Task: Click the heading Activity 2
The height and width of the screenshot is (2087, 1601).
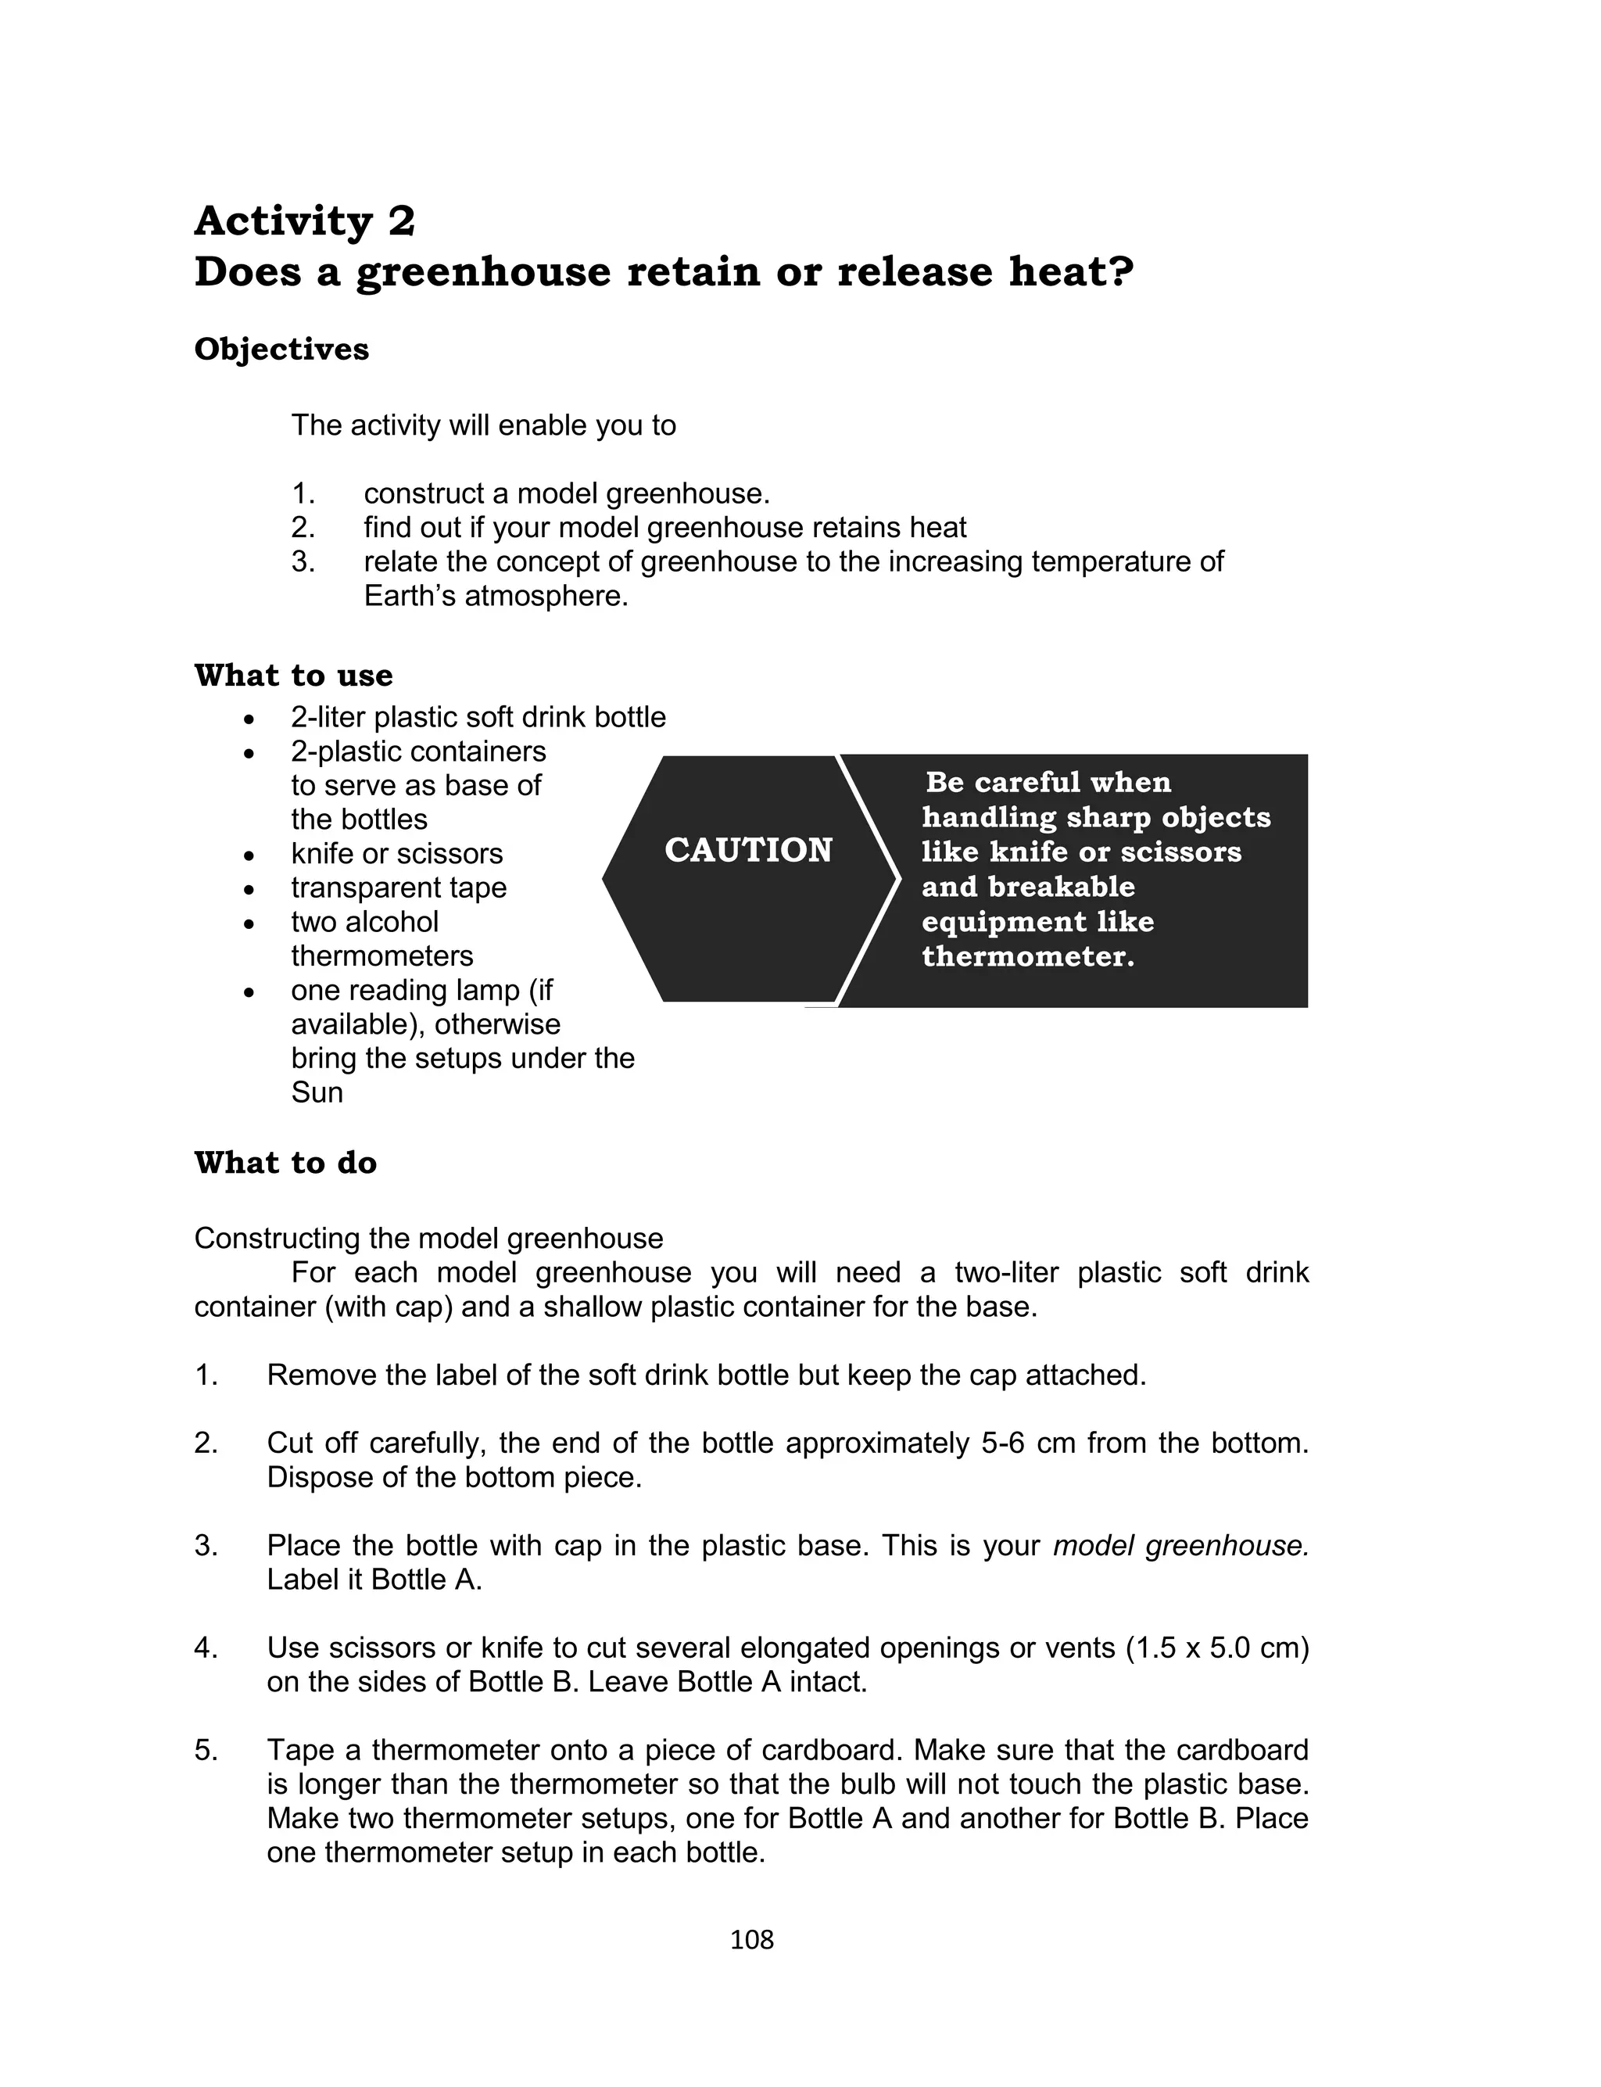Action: tap(304, 221)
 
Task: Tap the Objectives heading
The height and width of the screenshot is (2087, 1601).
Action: tap(281, 349)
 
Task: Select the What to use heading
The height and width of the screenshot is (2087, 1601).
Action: tap(292, 676)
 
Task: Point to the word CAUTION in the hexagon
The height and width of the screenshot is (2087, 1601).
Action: tap(748, 850)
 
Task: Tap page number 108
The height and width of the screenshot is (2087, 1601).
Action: tap(752, 1939)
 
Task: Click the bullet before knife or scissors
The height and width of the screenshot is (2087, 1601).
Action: tap(249, 855)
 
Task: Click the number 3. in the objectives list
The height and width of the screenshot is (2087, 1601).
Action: tap(303, 561)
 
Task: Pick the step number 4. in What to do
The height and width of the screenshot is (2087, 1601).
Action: tap(206, 1648)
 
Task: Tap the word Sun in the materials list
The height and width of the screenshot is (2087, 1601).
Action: tap(317, 1092)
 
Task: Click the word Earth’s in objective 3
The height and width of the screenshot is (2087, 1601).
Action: tap(409, 597)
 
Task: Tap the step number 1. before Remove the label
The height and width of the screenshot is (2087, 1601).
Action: tap(206, 1375)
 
